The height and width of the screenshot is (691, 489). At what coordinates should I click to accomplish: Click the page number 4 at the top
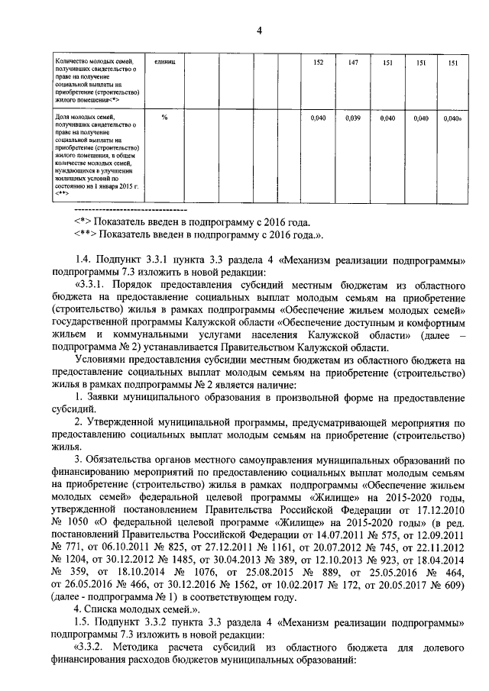pos(259,31)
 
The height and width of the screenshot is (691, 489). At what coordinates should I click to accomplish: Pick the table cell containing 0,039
pos(354,118)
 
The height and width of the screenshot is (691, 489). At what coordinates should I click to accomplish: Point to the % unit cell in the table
pos(164,118)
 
